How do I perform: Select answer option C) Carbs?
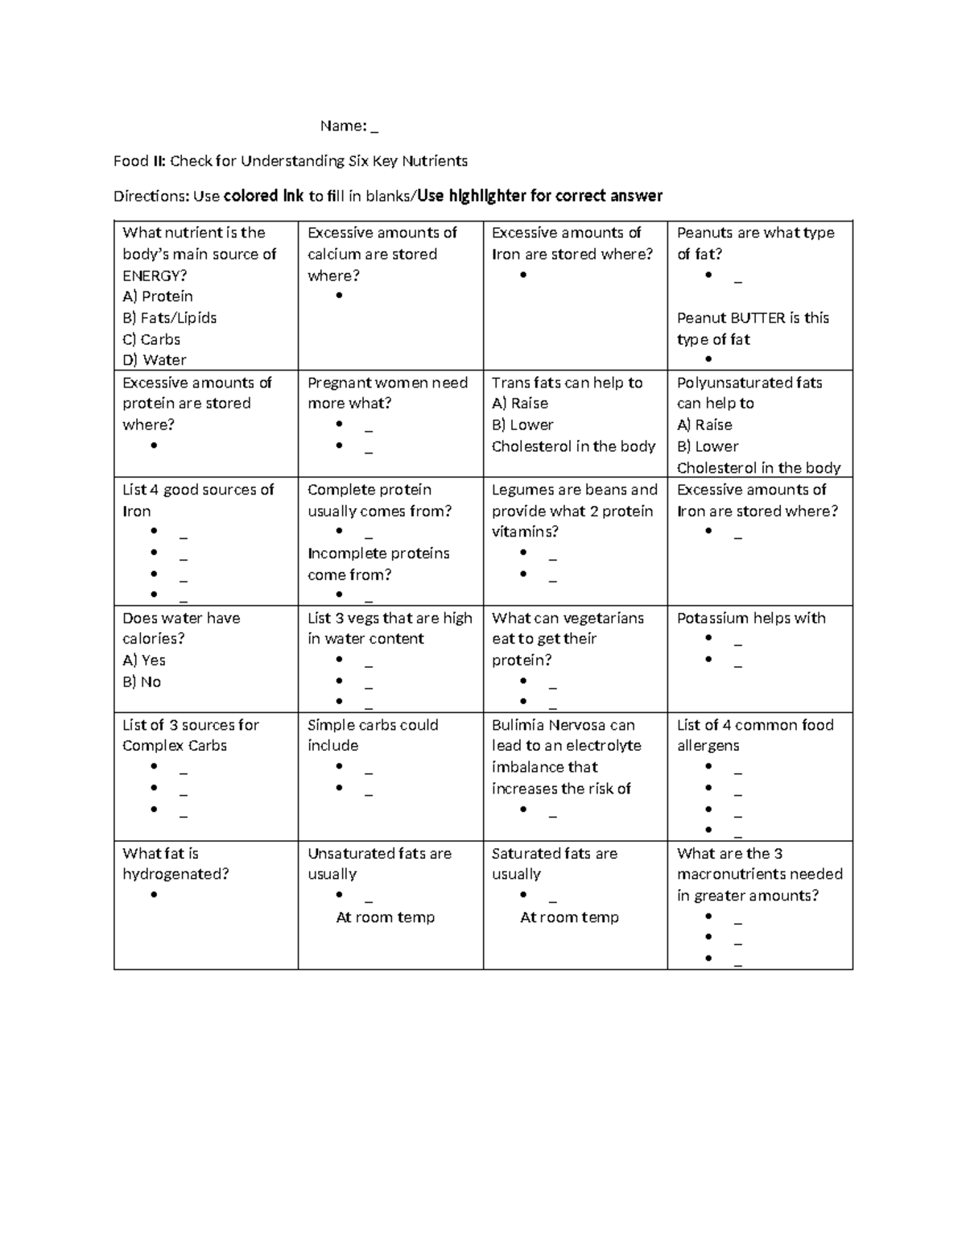(x=151, y=339)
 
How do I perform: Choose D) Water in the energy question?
(x=155, y=360)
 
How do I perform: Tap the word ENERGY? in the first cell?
(x=155, y=275)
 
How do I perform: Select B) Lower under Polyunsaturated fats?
(x=708, y=446)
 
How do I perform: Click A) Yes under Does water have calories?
(x=144, y=661)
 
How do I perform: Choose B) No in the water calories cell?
(x=142, y=681)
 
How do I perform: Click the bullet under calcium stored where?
(x=339, y=296)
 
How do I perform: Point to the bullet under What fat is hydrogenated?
(x=154, y=895)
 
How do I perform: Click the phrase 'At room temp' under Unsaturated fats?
(x=385, y=918)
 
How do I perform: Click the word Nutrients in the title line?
(x=437, y=161)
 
